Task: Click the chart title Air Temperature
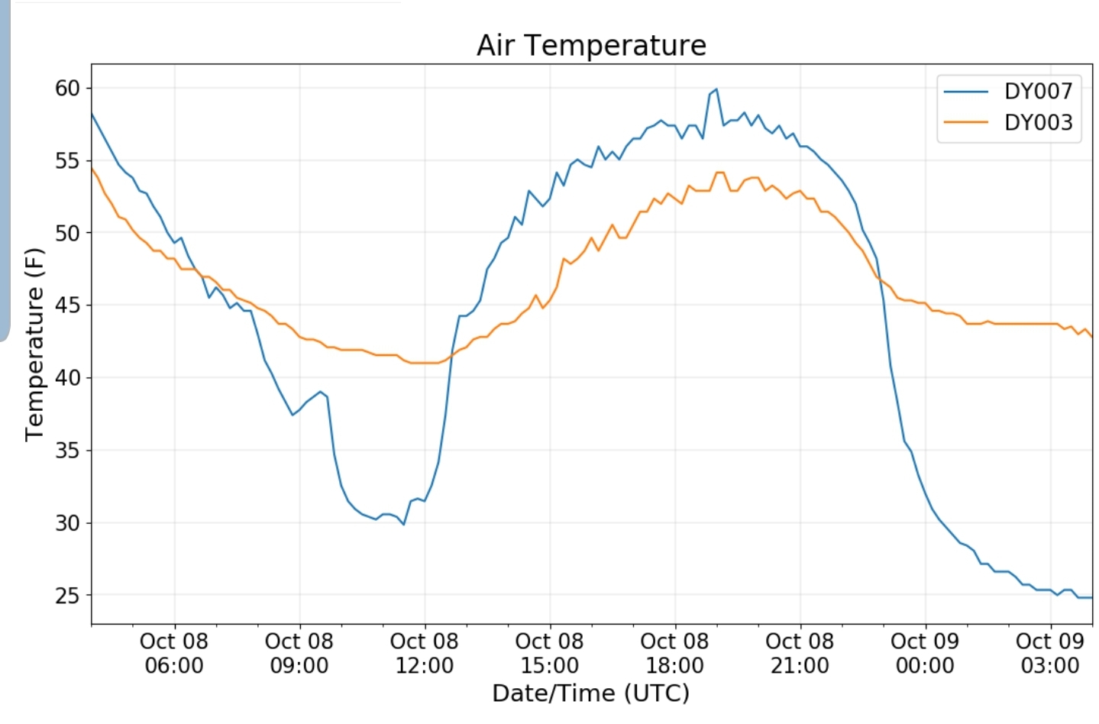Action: point(591,45)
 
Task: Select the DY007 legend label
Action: point(1038,91)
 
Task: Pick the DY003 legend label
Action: point(1038,122)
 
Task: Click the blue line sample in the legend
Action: point(966,92)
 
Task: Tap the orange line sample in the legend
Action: point(966,123)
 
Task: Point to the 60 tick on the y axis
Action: point(67,89)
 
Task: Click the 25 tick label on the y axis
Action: point(67,596)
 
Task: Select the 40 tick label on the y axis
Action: point(67,378)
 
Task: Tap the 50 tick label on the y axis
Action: point(67,233)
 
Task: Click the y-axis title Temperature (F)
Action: point(35,344)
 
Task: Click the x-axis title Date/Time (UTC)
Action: point(590,693)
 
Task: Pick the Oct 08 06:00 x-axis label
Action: point(174,653)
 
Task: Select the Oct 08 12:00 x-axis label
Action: point(424,653)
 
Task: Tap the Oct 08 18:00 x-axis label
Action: point(674,653)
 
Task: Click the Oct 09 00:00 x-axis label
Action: point(925,653)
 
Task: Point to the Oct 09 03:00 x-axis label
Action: point(1050,653)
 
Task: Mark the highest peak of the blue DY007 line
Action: point(716,89)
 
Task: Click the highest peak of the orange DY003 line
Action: point(719,173)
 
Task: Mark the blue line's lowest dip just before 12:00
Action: point(403,524)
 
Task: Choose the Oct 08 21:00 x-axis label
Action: point(800,653)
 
